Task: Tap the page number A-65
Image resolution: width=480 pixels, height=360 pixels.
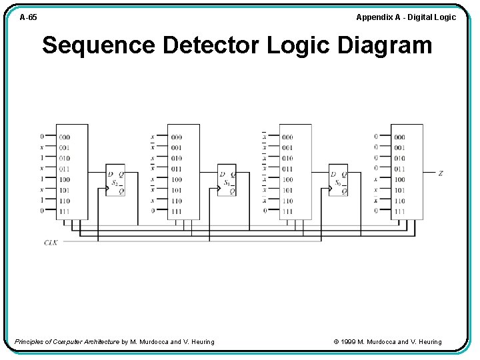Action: coord(28,17)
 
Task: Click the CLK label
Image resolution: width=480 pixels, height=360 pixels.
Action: coord(51,242)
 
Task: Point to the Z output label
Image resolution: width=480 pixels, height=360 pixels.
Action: coord(440,173)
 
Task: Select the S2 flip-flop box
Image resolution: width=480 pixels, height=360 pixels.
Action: coord(115,181)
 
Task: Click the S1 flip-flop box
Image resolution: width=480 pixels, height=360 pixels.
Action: coord(227,181)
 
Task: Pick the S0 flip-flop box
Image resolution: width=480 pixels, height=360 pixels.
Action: coord(338,181)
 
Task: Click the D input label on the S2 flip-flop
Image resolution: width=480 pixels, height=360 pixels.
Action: coord(111,175)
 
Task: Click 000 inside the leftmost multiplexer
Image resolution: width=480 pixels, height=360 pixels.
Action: coord(65,137)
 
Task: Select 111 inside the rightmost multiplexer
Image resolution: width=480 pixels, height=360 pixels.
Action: coord(399,211)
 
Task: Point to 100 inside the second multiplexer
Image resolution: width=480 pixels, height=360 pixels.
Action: coord(176,179)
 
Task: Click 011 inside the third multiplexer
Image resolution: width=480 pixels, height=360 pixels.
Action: coord(287,169)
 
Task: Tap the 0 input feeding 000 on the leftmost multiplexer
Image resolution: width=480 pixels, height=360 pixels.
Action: coord(42,137)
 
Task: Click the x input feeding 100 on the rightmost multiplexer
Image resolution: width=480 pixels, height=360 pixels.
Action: coord(376,179)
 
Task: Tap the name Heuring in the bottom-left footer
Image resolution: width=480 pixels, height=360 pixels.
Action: coord(201,342)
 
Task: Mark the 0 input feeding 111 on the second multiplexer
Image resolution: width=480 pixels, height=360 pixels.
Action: coord(153,211)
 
